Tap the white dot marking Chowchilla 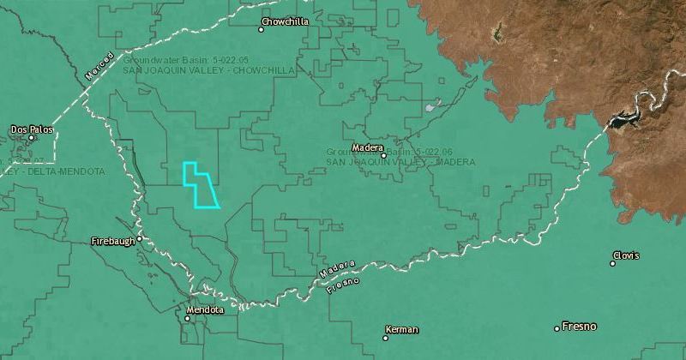(x=262, y=29)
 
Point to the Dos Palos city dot (x=33, y=137)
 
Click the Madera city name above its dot (x=367, y=147)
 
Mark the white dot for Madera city (x=383, y=155)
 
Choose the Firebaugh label (x=113, y=242)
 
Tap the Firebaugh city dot (x=139, y=239)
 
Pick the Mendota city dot (x=188, y=318)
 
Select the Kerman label (x=402, y=330)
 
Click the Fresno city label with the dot (x=579, y=327)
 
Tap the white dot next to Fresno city (x=557, y=328)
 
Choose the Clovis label (x=626, y=255)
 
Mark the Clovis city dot (x=612, y=263)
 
